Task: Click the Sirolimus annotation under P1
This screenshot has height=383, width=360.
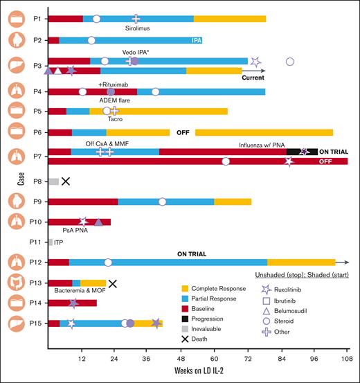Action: point(137,28)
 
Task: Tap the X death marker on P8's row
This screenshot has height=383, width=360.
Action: point(66,181)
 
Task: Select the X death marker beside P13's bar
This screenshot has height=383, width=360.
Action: point(112,283)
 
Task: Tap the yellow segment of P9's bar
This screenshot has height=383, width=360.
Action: point(233,202)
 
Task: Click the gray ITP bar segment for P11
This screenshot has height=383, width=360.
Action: point(50,242)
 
